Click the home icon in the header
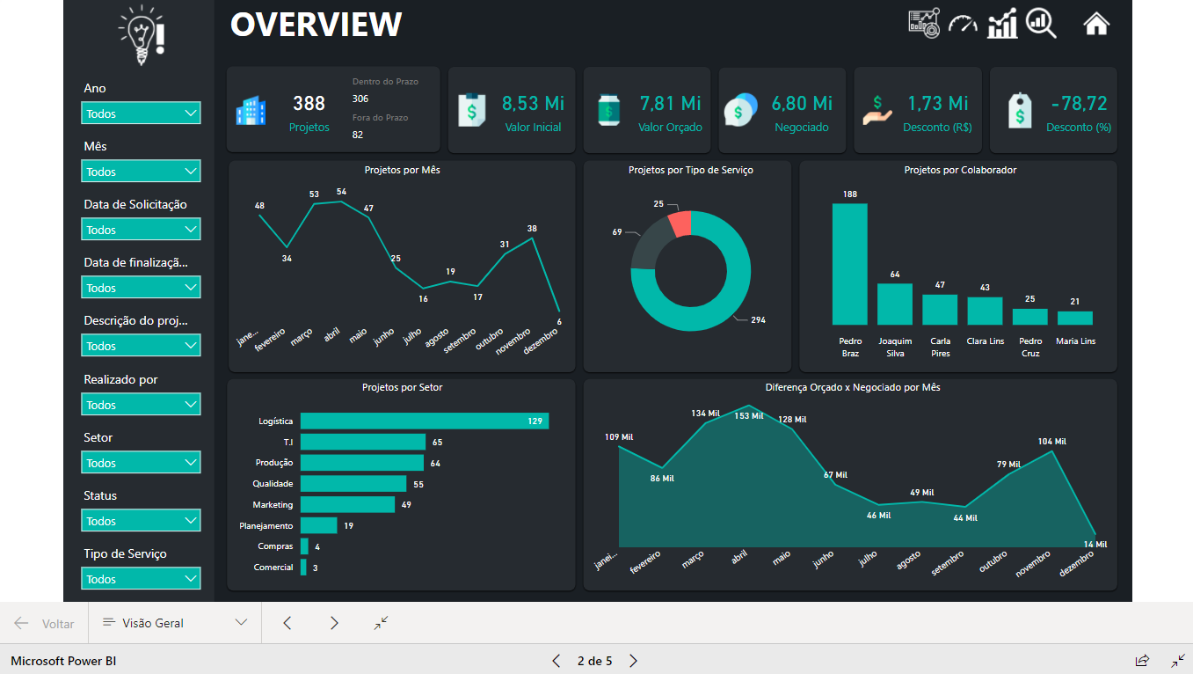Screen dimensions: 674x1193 click(1095, 24)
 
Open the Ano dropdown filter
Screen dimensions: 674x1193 click(141, 114)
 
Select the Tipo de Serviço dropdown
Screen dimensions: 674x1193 click(141, 579)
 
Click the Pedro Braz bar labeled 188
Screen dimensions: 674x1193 click(849, 264)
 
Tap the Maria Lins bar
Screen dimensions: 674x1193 click(1074, 318)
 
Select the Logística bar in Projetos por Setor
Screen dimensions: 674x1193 click(424, 421)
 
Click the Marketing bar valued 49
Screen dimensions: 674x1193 click(347, 504)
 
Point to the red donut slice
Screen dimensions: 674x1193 click(680, 223)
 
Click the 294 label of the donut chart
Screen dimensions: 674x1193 click(757, 320)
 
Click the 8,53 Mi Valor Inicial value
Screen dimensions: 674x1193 click(533, 104)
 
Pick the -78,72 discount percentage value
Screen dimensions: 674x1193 click(1079, 104)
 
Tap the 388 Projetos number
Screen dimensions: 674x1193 click(309, 104)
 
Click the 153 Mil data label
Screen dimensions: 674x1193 click(749, 416)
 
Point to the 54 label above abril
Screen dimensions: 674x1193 click(341, 192)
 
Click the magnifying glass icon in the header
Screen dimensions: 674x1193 click(1041, 23)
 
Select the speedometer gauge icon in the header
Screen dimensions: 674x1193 click(963, 24)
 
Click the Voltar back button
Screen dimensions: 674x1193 click(45, 623)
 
